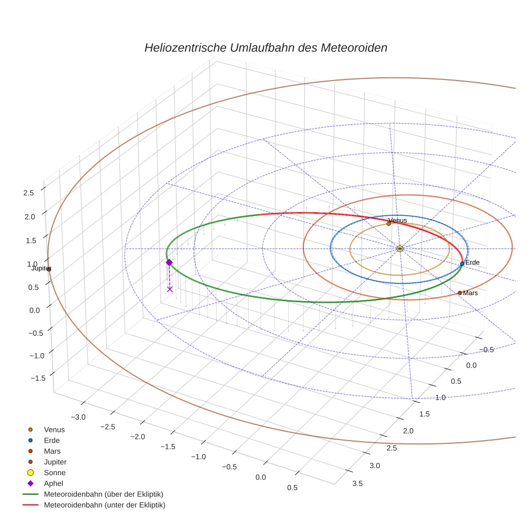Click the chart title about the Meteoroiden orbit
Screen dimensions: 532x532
click(265, 48)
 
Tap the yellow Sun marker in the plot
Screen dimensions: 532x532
click(400, 249)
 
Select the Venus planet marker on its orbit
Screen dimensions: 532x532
click(389, 223)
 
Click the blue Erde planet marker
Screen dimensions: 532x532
click(462, 264)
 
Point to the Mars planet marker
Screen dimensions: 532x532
click(460, 292)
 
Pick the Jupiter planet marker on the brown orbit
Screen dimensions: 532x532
click(49, 269)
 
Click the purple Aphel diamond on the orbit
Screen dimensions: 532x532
click(169, 262)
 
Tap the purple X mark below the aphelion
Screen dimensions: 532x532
click(170, 289)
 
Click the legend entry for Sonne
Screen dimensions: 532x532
click(55, 473)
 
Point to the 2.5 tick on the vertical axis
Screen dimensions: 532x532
click(28, 192)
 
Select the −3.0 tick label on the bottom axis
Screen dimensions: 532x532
click(79, 417)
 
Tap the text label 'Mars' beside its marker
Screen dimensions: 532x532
click(470, 293)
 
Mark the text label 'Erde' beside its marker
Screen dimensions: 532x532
click(473, 262)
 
